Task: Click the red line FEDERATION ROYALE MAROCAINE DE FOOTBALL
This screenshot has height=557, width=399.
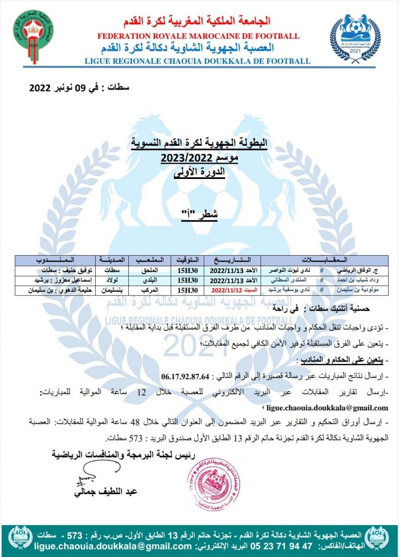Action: (198, 36)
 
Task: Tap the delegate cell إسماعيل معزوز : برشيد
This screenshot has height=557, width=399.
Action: (55, 280)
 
